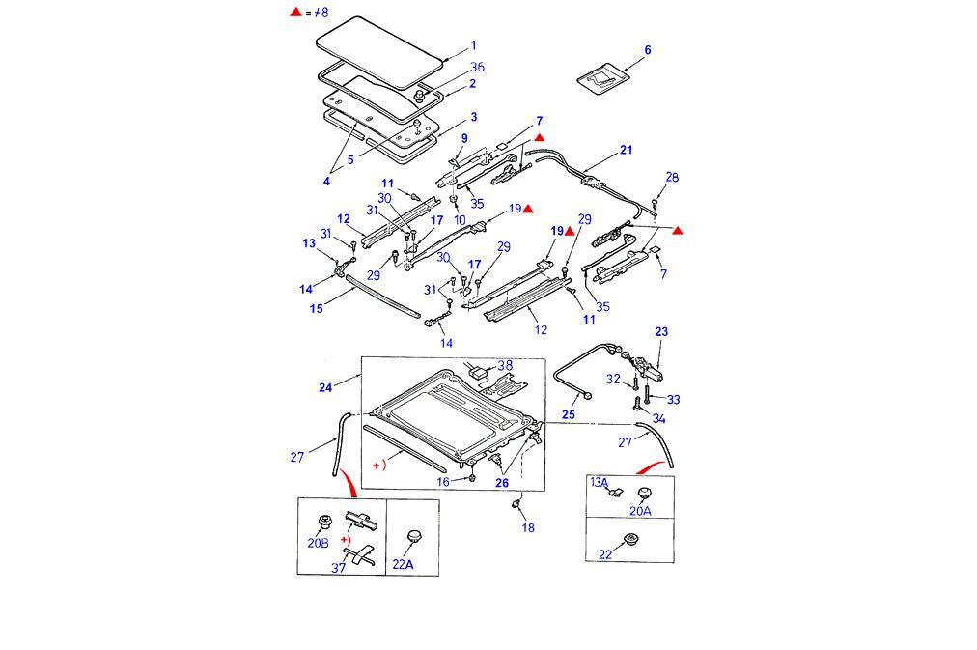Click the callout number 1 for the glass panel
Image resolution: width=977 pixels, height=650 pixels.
click(x=473, y=45)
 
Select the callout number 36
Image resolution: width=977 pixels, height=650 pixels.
click(x=477, y=67)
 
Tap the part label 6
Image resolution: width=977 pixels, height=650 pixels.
click(x=647, y=50)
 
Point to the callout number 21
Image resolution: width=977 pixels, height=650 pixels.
click(x=626, y=150)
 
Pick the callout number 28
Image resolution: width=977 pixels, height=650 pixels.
click(x=672, y=177)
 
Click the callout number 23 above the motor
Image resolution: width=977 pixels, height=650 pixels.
click(x=661, y=332)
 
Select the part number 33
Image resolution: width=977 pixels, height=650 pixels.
click(x=673, y=399)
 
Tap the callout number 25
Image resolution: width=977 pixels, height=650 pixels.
click(x=569, y=414)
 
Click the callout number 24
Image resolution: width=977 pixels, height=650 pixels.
click(x=325, y=387)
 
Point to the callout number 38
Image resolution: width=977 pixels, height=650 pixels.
click(x=505, y=365)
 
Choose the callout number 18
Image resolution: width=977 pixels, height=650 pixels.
click(x=527, y=527)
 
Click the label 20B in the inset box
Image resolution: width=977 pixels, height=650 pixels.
click(x=318, y=543)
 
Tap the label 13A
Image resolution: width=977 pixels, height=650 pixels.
click(x=600, y=482)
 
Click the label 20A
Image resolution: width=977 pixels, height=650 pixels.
click(x=640, y=511)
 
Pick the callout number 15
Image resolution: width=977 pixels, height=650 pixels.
click(x=316, y=309)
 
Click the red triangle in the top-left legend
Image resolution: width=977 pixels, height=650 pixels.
click(x=296, y=13)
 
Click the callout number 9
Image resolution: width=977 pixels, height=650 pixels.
click(x=463, y=139)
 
